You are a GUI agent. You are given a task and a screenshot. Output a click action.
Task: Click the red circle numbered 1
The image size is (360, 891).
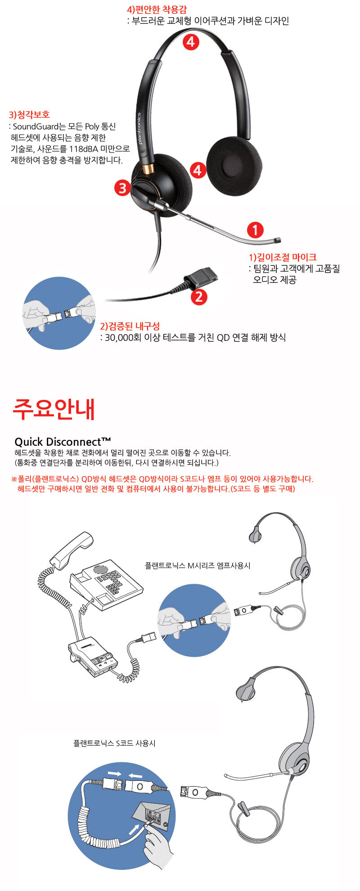tap(255, 230)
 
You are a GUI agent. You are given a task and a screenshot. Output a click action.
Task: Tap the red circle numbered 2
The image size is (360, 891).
tap(199, 296)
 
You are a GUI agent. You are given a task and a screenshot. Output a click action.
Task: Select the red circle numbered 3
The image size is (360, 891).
tap(122, 187)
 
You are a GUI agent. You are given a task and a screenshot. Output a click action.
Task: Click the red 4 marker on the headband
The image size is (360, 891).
tap(191, 42)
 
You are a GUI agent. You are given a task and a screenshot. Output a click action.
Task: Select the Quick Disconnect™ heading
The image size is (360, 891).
tap(63, 441)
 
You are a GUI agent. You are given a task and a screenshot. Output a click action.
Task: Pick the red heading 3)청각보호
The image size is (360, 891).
tap(29, 115)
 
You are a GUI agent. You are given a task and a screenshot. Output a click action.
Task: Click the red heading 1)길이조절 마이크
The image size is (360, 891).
tap(283, 257)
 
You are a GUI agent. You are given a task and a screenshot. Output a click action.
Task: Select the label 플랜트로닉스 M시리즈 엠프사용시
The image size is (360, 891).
tap(197, 565)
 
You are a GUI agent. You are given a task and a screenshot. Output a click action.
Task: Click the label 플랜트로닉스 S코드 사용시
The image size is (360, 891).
tap(114, 743)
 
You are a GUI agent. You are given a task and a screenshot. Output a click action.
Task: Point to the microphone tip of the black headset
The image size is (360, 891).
tap(279, 241)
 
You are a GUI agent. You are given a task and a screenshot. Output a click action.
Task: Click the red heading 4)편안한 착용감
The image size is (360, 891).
tap(157, 9)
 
